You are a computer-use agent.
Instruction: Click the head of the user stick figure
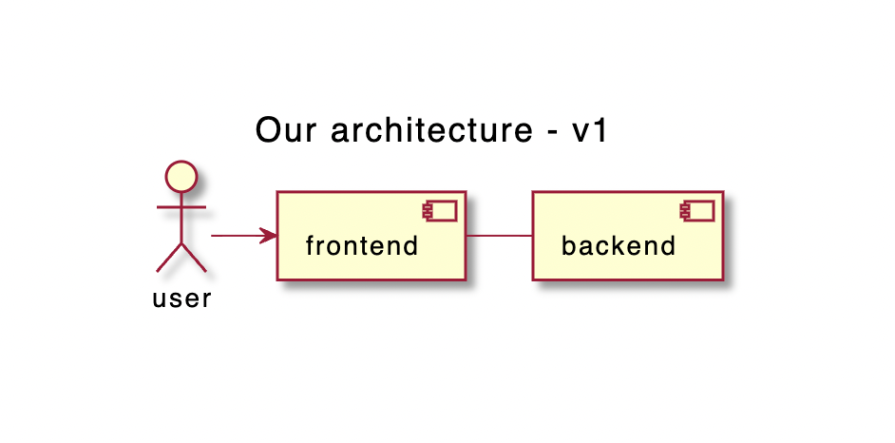(x=181, y=177)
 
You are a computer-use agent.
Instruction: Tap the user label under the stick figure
(x=181, y=299)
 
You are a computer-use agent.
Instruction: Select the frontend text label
(x=362, y=246)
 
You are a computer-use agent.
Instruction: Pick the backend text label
(x=619, y=246)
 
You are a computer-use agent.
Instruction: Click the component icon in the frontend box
(x=440, y=211)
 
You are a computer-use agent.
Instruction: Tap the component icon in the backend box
(x=697, y=211)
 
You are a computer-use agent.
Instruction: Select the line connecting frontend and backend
(x=500, y=235)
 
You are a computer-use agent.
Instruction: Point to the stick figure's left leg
(x=169, y=258)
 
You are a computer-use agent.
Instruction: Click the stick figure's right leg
(x=194, y=258)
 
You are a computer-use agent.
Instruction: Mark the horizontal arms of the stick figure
(x=181, y=206)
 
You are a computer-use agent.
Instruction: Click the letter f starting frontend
(x=311, y=245)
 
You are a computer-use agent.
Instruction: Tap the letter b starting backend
(x=568, y=245)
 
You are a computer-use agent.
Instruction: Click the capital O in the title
(x=268, y=130)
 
